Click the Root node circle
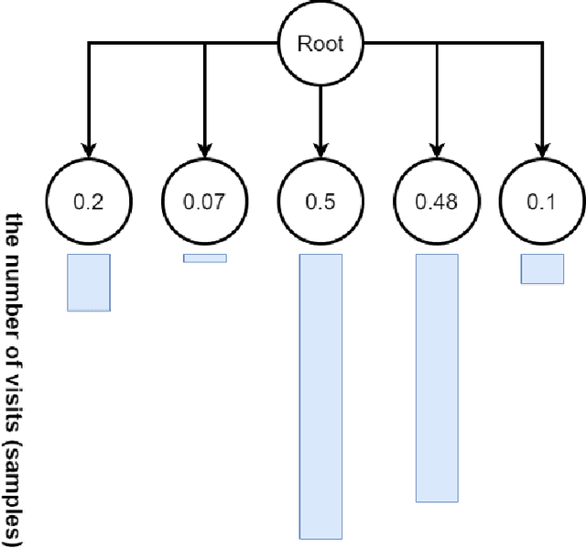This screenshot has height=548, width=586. (320, 42)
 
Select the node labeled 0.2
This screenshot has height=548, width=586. (89, 203)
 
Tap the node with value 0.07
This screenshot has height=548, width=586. (204, 203)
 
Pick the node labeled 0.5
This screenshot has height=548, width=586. (320, 203)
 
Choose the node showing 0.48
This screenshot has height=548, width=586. (437, 203)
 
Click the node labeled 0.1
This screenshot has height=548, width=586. (543, 203)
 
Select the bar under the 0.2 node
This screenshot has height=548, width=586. (89, 282)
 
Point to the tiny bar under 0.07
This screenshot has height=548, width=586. (204, 258)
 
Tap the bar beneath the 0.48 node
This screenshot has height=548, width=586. (437, 378)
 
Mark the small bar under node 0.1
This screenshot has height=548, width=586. (542, 269)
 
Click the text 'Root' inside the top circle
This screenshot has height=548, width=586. (320, 42)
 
